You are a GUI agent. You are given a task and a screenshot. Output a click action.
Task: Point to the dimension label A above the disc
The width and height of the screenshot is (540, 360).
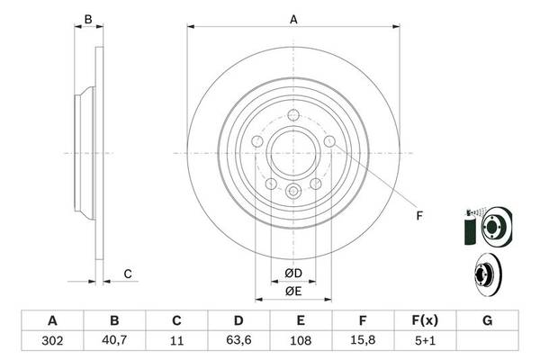pos(293,17)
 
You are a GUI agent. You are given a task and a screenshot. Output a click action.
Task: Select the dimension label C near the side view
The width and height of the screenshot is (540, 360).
pos(128,274)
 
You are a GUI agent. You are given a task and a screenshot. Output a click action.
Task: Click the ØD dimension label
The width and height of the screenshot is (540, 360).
pos(293,273)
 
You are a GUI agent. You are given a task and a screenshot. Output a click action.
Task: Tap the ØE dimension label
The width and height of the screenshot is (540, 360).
pos(293,290)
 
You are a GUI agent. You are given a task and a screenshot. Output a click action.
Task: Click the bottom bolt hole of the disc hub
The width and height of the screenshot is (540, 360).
pos(293,191)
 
